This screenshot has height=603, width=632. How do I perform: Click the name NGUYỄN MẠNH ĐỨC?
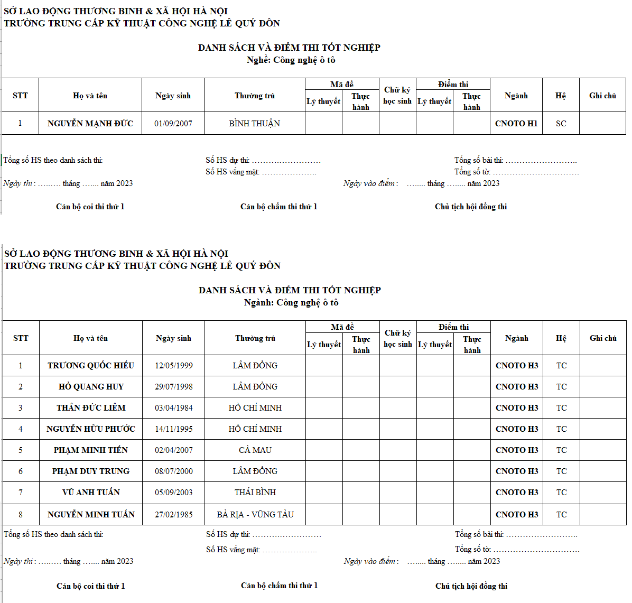pos(90,123)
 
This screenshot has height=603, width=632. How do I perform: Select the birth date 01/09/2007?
pos(173,123)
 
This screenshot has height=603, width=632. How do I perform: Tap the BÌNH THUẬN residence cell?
pos(255,123)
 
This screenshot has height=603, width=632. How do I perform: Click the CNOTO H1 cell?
pos(516,123)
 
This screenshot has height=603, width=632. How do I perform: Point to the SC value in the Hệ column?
pos(561,123)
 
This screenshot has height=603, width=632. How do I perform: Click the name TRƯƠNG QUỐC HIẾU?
pos(91,365)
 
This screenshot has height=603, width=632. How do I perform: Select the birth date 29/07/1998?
pos(174,386)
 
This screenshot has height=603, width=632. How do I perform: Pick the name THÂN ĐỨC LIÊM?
pos(91,407)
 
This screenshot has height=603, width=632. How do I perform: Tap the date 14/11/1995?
pos(174,429)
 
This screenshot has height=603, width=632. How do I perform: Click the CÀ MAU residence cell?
pos(255,450)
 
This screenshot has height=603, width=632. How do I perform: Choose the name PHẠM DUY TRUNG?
pos(91,471)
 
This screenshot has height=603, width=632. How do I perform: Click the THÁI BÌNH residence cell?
pos(255,492)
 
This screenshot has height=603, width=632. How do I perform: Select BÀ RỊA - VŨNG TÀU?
pos(255,514)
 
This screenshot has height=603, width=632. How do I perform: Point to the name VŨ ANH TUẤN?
pos(91,492)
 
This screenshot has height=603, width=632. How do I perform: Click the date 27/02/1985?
pos(174,514)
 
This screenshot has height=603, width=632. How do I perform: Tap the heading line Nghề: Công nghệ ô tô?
pos(291,60)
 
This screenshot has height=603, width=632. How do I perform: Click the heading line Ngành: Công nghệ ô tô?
pos(291,302)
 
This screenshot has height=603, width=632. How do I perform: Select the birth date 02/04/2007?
pos(174,450)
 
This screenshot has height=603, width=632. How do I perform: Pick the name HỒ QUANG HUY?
pos(91,386)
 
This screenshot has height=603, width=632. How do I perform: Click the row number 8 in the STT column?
pos(21,514)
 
